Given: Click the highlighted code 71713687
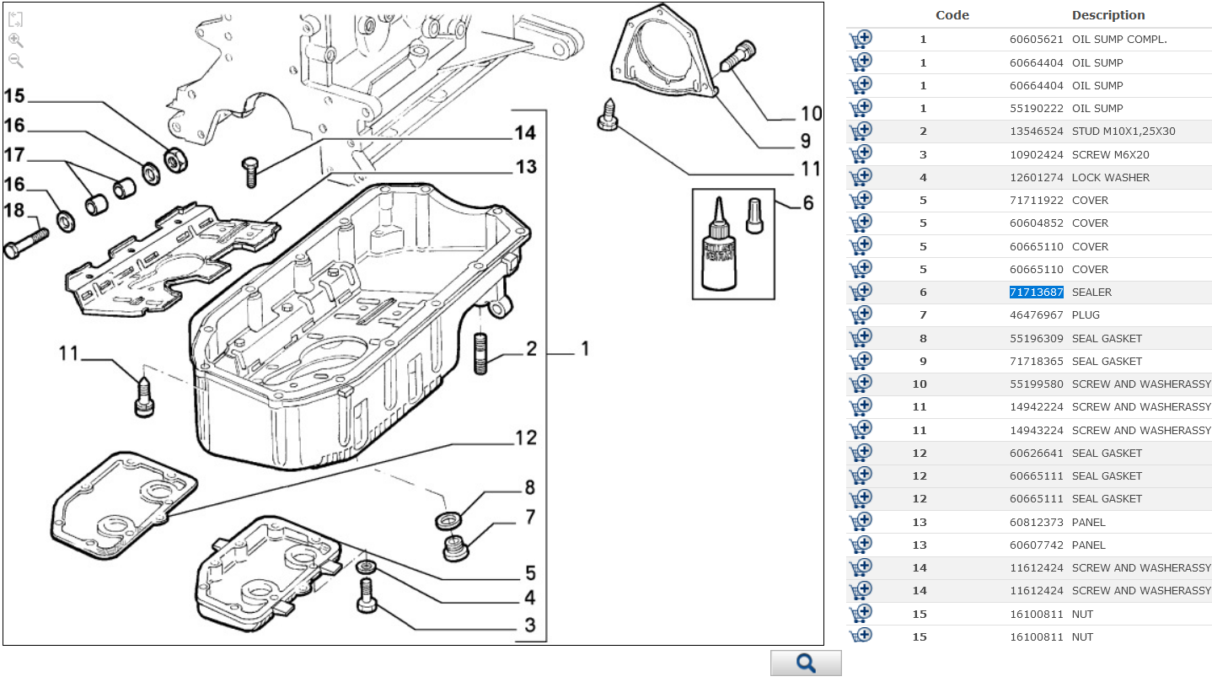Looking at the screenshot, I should click(x=1036, y=293).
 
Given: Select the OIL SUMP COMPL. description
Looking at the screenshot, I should click(x=1119, y=40).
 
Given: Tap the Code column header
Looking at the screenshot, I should click(x=952, y=15).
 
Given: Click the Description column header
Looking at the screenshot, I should click(x=1107, y=15).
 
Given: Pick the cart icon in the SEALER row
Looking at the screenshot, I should click(x=861, y=292).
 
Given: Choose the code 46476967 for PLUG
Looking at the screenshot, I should click(x=1036, y=315).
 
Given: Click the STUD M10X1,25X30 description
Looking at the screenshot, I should click(x=1123, y=132).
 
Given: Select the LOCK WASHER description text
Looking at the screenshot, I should click(x=1110, y=178).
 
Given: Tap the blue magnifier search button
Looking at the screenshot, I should click(x=806, y=663).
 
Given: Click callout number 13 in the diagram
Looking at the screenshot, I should click(x=525, y=167).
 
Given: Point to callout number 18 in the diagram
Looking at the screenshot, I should click(x=15, y=211).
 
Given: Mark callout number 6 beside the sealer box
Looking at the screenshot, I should click(x=807, y=203).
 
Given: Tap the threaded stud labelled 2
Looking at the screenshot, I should click(x=481, y=353).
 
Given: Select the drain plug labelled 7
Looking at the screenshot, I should click(x=456, y=547).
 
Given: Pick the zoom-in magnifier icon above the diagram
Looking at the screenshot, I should click(x=15, y=40).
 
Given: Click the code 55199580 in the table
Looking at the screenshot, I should click(x=1036, y=384).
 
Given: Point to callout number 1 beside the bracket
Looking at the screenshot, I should click(x=583, y=349).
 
